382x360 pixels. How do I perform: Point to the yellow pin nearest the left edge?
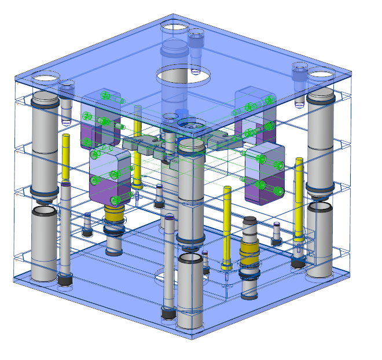(67, 156)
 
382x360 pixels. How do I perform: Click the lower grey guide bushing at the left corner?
(43, 243)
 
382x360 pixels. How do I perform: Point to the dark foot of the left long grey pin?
(65, 281)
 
